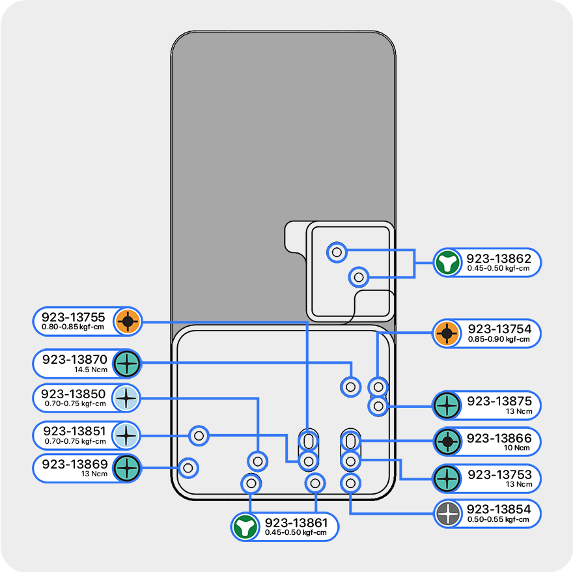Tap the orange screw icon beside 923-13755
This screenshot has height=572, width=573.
pos(128,321)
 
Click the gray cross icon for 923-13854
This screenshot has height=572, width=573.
pos(447,514)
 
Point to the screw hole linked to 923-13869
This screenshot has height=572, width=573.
pos(188,467)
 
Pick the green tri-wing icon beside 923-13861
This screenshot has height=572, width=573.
pos(245,526)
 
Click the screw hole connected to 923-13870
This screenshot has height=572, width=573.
pos(351,387)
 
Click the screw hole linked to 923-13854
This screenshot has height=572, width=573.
pos(350,483)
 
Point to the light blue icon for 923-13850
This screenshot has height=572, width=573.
pos(127,398)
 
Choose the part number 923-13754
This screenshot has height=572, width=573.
pos(499,329)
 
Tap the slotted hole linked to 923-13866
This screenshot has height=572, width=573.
pos(351,441)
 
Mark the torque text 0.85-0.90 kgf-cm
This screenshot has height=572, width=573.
pos(499,339)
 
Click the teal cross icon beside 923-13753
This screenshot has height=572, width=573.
pos(447,478)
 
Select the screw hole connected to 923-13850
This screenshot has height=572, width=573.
pos(258,461)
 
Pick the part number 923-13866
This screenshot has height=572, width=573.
pos(499,438)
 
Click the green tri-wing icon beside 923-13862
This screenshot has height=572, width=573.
pos(447,262)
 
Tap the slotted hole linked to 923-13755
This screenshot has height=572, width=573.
pos(308,440)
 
